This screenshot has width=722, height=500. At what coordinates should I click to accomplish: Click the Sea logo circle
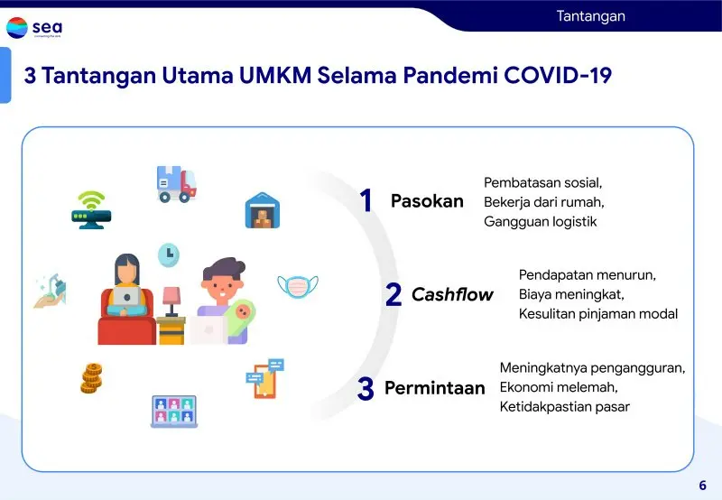click(x=17, y=28)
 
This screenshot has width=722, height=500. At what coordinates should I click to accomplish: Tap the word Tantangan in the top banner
click(x=591, y=16)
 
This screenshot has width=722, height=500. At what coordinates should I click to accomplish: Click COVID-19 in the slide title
click(x=558, y=76)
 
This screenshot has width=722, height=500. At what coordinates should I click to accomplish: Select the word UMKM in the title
click(x=275, y=76)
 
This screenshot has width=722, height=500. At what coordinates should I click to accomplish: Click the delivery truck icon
click(x=177, y=184)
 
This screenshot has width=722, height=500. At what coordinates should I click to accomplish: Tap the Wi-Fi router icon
click(x=91, y=210)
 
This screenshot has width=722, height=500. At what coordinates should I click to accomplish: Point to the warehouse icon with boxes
click(x=263, y=210)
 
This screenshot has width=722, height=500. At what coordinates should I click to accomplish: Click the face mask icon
click(x=298, y=286)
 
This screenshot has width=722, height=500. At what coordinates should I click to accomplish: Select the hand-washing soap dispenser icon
click(x=51, y=291)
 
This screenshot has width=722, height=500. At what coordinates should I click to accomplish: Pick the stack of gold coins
click(x=92, y=378)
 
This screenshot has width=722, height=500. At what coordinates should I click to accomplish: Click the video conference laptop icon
click(x=174, y=412)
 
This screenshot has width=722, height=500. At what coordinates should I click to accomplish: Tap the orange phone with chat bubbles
click(x=264, y=378)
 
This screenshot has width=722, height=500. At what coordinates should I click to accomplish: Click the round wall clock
click(x=169, y=255)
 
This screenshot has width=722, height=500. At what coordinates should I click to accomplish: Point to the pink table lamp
click(x=171, y=301)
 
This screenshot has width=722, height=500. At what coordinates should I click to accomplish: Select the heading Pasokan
click(x=427, y=201)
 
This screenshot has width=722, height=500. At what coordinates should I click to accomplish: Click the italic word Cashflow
click(x=452, y=294)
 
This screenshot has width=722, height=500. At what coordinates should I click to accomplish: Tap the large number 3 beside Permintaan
click(x=366, y=388)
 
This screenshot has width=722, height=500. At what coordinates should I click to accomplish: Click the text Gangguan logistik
click(x=540, y=222)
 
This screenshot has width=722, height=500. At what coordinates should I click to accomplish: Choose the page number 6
click(x=703, y=486)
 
